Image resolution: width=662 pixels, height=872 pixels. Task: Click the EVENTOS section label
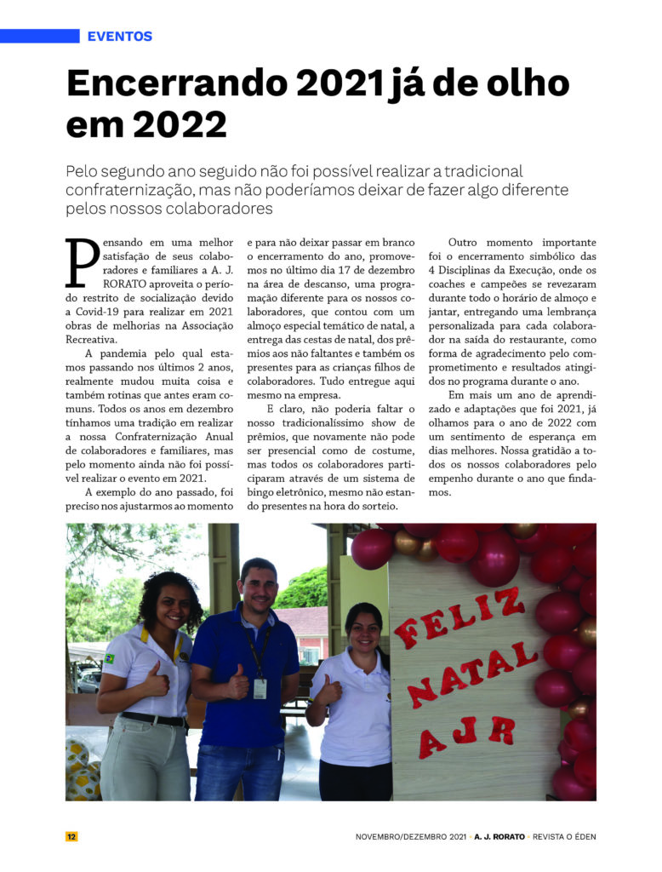tap(119, 37)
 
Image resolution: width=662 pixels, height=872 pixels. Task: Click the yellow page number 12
tap(72, 836)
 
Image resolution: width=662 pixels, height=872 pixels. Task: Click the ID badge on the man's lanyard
tap(260, 687)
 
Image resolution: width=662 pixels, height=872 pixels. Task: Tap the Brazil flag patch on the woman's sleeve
tap(109, 659)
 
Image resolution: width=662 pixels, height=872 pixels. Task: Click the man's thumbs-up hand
tap(238, 684)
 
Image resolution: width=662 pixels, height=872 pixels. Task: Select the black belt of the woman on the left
tap(155, 720)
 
